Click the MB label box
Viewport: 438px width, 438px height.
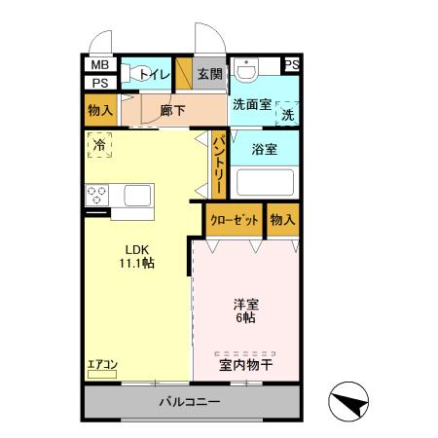[98, 65]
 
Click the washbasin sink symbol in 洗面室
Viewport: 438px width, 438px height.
[249, 71]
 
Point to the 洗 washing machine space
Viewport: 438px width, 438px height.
[287, 114]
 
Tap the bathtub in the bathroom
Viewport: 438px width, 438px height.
[265, 183]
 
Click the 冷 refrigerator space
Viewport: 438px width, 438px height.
[99, 145]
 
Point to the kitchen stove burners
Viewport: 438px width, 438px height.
[99, 195]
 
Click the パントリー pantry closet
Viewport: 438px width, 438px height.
[219, 165]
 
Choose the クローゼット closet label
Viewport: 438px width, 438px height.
[234, 220]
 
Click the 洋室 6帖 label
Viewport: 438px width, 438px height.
[244, 310]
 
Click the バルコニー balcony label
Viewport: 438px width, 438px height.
[190, 402]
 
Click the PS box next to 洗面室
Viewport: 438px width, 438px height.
[291, 65]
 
